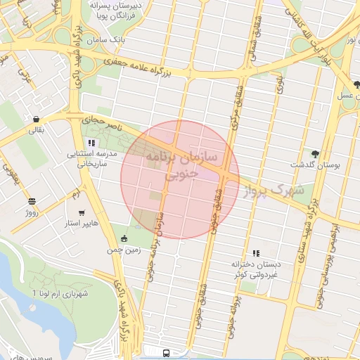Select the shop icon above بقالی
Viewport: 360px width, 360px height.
pos(36,118)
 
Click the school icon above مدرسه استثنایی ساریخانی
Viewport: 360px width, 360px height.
pos(91,143)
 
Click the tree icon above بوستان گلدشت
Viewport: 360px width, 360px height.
pos(315,153)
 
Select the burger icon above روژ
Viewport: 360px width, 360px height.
pos(32,201)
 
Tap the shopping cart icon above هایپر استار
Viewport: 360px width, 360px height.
pos(82,213)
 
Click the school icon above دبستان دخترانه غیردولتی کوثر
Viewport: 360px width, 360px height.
pos(256,252)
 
